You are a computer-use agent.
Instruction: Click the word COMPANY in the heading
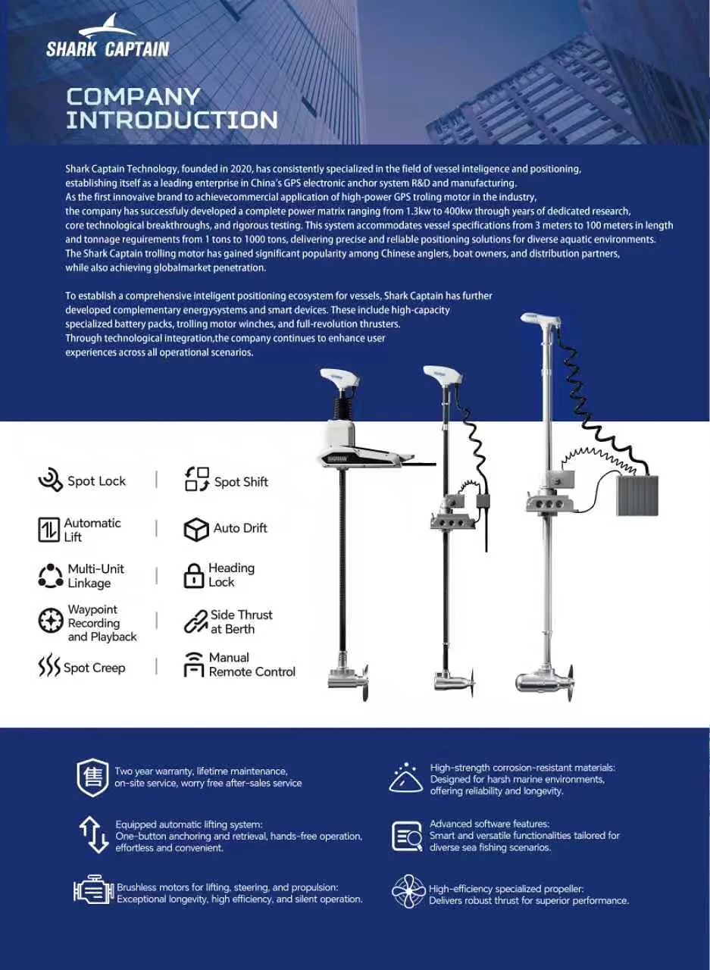click(133, 96)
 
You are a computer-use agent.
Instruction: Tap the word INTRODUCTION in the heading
click(172, 120)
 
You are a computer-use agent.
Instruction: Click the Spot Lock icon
click(51, 480)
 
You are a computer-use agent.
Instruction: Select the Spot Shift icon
click(197, 479)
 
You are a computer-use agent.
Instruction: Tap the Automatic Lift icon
click(48, 530)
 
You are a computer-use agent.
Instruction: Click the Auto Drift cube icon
click(196, 530)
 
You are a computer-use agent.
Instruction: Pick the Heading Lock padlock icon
click(194, 576)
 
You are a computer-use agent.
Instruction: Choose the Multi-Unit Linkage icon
click(51, 576)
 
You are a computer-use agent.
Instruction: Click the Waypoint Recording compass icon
click(51, 621)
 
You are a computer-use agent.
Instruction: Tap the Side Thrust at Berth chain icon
click(196, 621)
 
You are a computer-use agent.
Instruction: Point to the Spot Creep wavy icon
click(49, 665)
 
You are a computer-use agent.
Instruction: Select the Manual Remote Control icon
click(194, 665)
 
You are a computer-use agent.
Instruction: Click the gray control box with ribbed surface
click(637, 496)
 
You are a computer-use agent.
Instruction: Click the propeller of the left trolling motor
click(364, 683)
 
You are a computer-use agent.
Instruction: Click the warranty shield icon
click(92, 778)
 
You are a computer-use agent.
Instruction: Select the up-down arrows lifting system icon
click(93, 835)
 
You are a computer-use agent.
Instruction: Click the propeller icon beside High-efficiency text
click(408, 890)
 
